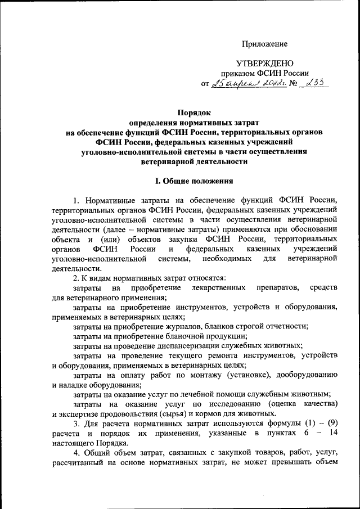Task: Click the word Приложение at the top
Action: pos(264,43)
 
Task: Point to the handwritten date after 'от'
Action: pos(248,84)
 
